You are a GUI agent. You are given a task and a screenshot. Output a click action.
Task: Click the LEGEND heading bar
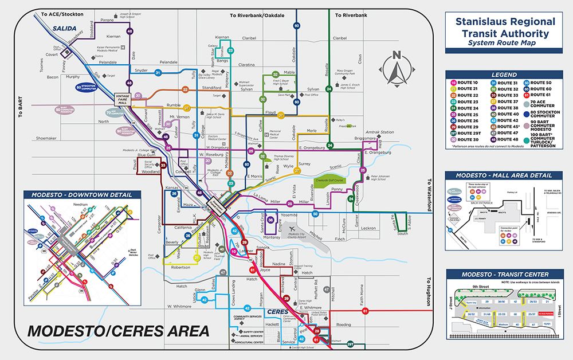(x=504, y=75)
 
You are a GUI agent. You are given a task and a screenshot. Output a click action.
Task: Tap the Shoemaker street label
(x=46, y=138)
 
